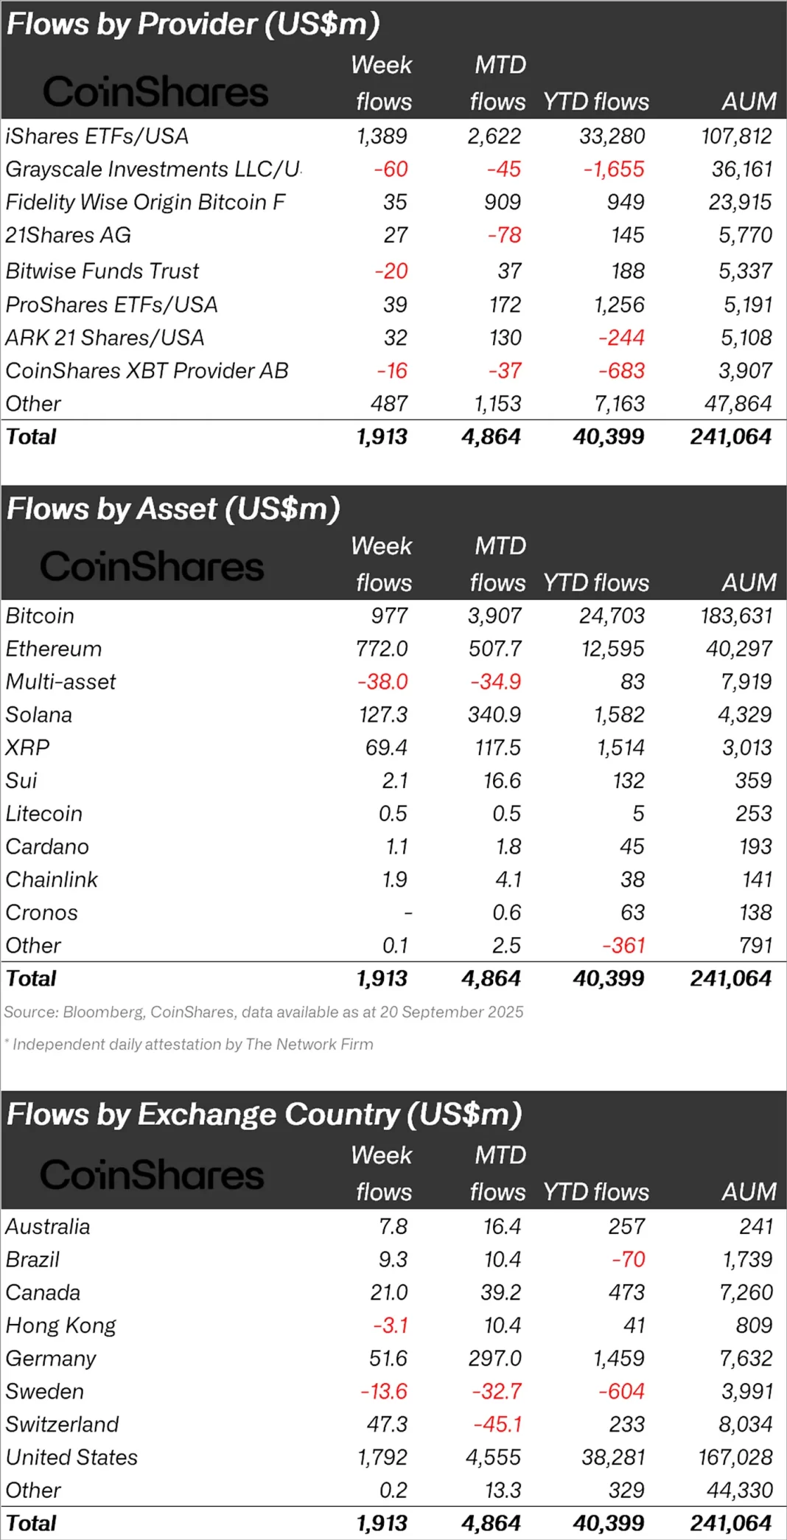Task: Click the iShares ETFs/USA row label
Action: coord(97,136)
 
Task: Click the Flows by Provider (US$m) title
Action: coord(193,24)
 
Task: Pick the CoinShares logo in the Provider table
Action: coord(155,92)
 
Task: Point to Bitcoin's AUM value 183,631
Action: coord(735,616)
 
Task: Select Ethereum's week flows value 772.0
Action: coord(382,649)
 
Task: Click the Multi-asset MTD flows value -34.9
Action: coord(495,682)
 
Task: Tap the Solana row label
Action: coord(39,715)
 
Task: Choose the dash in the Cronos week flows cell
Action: coord(408,913)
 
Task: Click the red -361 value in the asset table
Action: coord(623,946)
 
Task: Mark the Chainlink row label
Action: coord(52,880)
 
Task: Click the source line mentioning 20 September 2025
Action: coord(263,1012)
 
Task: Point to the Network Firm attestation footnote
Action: coord(192,1045)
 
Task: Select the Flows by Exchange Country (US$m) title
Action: coord(264,1115)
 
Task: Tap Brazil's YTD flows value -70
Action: coord(628,1260)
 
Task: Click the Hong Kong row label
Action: coord(60,1326)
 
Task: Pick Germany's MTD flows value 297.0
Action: coord(494,1359)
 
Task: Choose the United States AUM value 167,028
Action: coord(735,1458)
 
